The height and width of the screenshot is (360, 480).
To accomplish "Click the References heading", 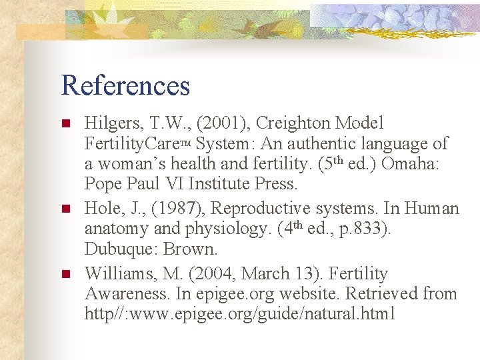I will [125, 85].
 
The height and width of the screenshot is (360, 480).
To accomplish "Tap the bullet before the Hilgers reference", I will [65, 123].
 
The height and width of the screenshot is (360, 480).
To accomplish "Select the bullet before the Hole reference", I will [65, 209].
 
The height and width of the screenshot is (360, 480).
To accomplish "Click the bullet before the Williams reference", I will [65, 274].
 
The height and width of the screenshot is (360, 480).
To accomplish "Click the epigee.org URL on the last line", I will [240, 314].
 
